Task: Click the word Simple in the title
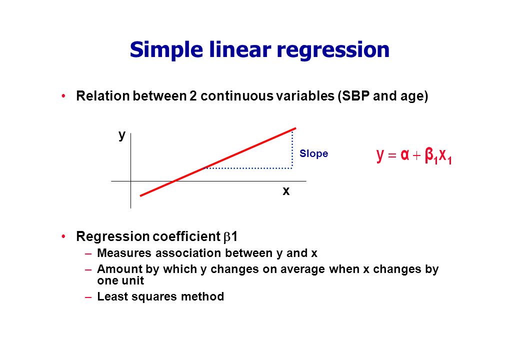(x=166, y=50)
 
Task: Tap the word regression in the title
(x=333, y=50)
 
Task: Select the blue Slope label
(x=313, y=153)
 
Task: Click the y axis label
(x=122, y=135)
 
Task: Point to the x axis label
(x=286, y=191)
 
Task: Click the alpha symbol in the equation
(x=404, y=154)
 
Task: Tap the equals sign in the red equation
(x=392, y=155)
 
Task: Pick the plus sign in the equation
(x=416, y=155)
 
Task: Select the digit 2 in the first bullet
(x=193, y=96)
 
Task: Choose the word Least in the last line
(x=108, y=296)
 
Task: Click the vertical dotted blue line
(x=292, y=149)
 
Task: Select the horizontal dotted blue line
(x=248, y=168)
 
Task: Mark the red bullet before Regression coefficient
(x=63, y=236)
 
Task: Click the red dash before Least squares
(x=88, y=297)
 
